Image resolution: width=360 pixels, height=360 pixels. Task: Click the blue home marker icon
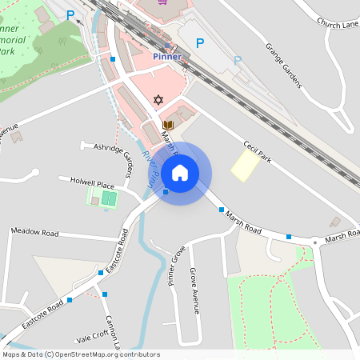[180, 173]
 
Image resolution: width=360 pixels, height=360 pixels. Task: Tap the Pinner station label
[166, 58]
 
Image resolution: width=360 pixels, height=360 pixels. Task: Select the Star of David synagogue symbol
[158, 100]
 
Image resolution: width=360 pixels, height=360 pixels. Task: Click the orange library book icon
[168, 125]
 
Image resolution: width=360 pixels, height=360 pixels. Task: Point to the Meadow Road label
[34, 232]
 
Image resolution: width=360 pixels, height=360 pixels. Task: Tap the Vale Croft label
[91, 338]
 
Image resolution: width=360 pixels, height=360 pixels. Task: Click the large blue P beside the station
[200, 43]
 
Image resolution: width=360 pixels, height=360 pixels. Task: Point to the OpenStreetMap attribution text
[81, 354]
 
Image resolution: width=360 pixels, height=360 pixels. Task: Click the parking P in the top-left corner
[70, 14]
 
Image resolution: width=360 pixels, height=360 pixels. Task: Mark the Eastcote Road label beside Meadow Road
[123, 246]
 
